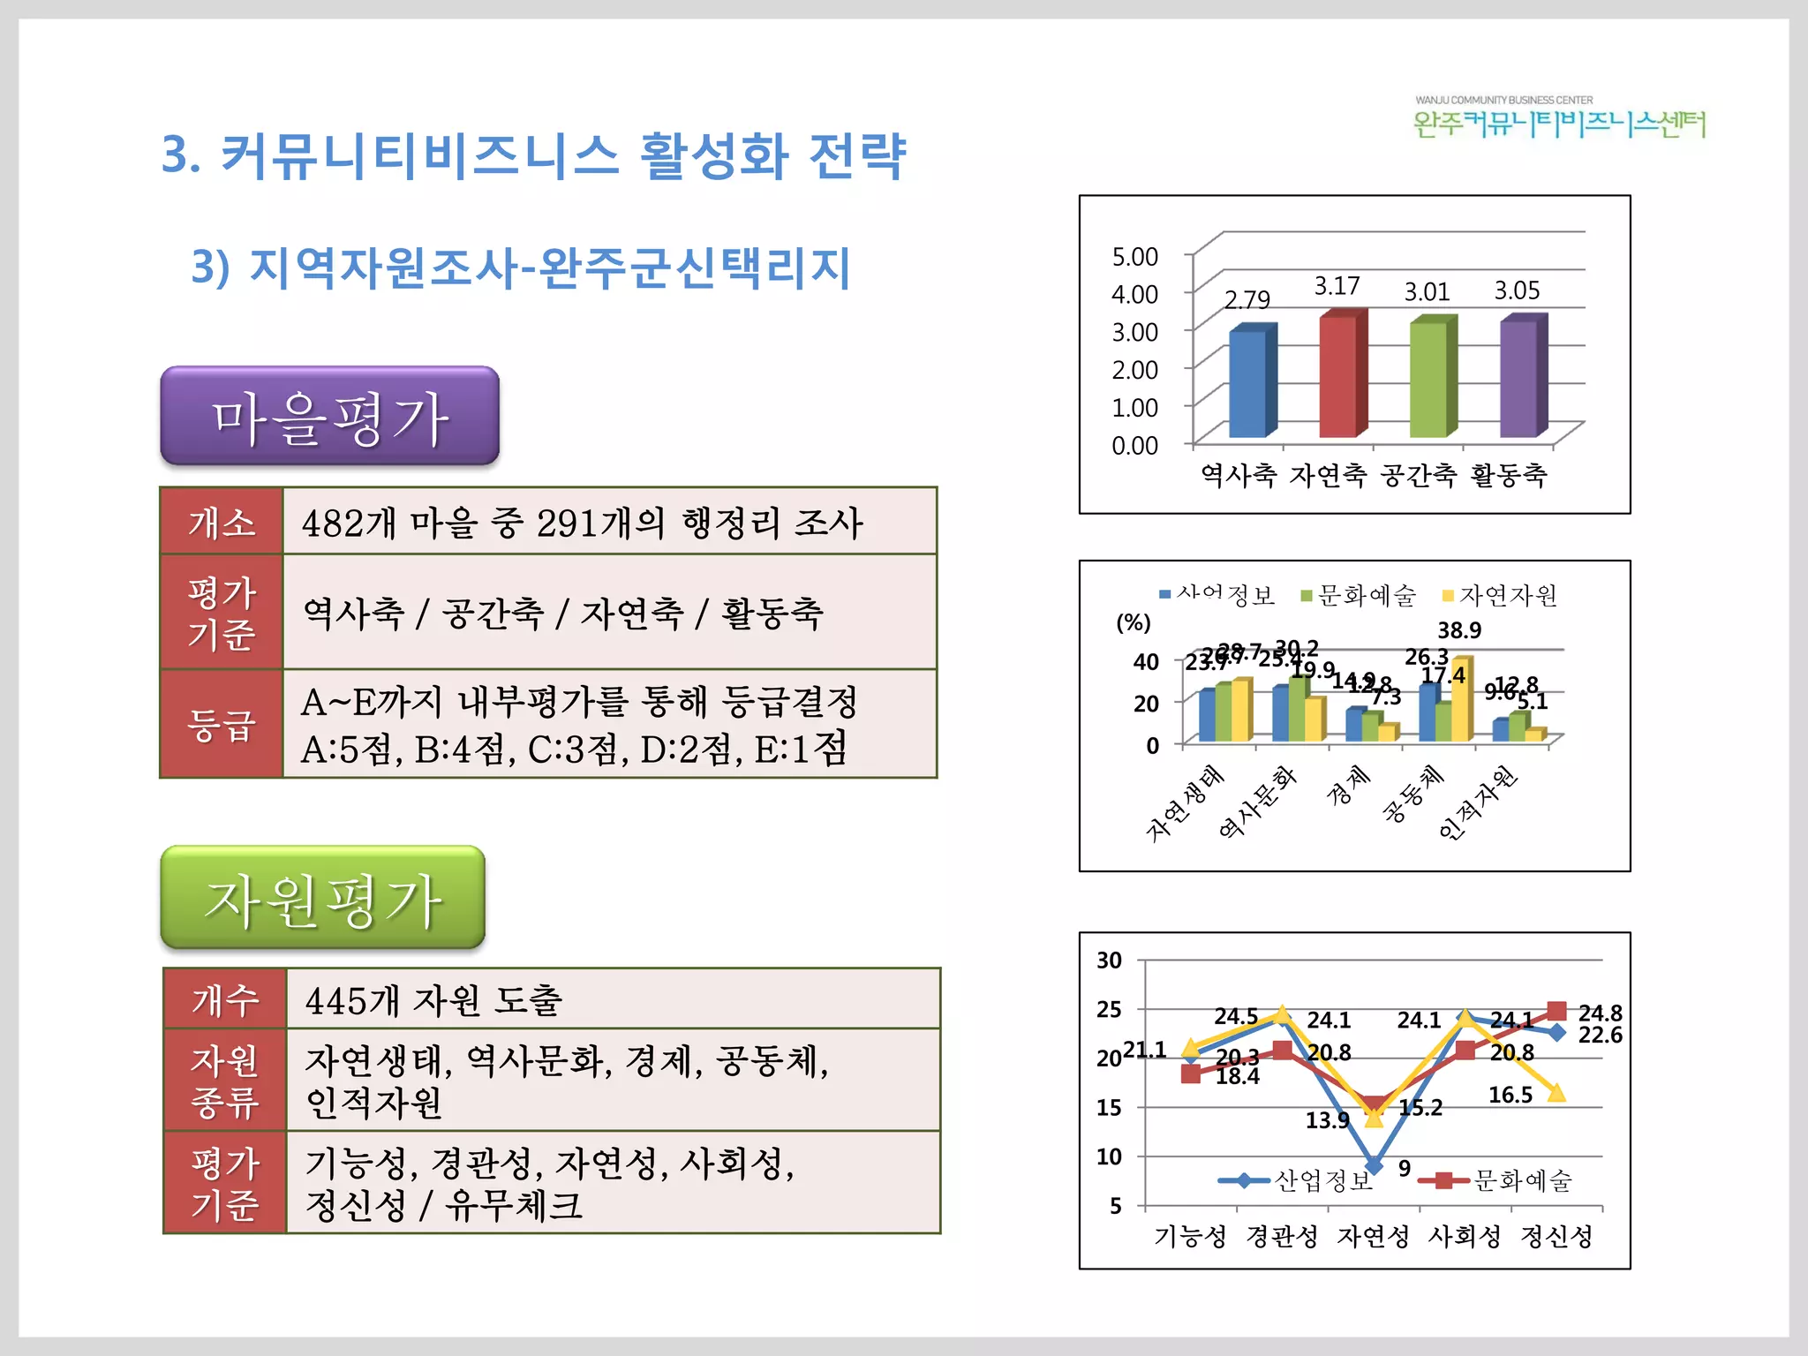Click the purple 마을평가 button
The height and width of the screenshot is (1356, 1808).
point(329,416)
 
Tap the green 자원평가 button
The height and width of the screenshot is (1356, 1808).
point(323,898)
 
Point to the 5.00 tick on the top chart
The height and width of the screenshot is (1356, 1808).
point(1134,257)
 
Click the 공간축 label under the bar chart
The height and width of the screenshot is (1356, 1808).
point(1419,476)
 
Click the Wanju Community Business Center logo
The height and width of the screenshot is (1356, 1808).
point(1559,118)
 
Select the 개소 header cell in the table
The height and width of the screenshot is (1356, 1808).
point(222,522)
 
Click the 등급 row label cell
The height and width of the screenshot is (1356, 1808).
point(222,724)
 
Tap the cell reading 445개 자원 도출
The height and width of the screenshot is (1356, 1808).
point(613,999)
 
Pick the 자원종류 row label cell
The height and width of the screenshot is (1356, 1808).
point(225,1080)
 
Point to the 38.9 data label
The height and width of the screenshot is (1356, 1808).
point(1459,630)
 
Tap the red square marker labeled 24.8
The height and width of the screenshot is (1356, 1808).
point(1556,1011)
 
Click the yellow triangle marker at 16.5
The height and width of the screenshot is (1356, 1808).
point(1556,1093)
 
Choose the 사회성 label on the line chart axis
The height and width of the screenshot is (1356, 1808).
point(1465,1236)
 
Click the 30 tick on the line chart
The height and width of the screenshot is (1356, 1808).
point(1110,960)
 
